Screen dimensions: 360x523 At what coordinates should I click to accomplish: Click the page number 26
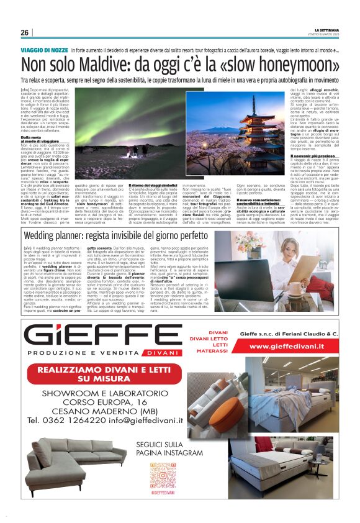(24, 32)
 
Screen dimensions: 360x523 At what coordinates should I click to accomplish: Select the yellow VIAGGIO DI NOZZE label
(44, 49)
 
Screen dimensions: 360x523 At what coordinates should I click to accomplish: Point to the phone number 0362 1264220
(68, 419)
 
